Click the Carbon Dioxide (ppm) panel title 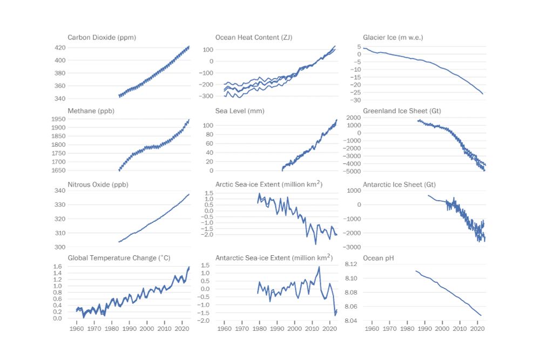coord(102,37)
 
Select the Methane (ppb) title coord(91,111)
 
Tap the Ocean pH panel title coord(378,258)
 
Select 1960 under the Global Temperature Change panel coord(76,328)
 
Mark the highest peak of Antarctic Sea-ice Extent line coord(319,267)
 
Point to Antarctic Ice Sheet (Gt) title coord(399,185)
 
